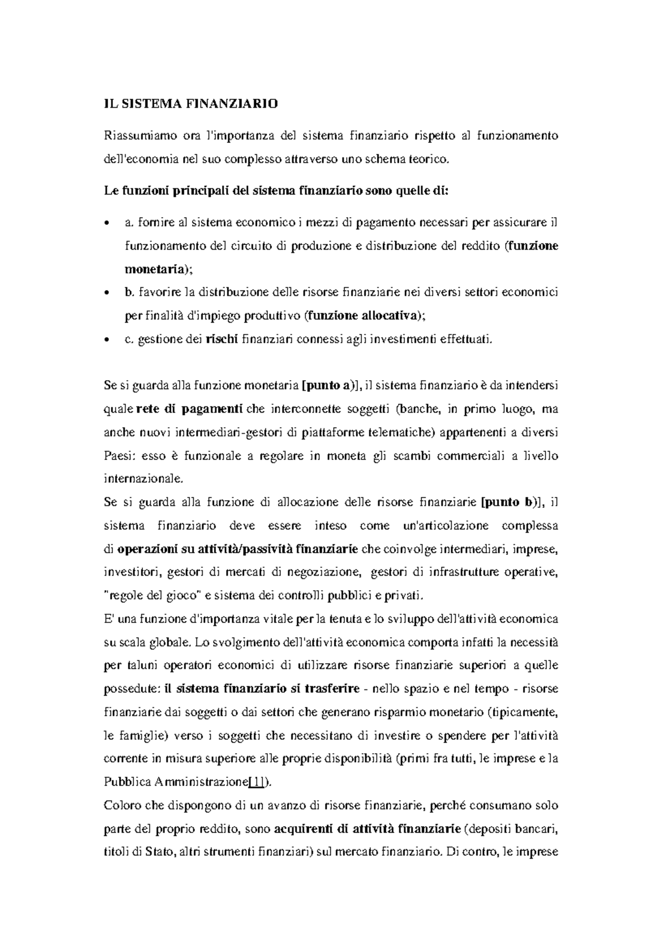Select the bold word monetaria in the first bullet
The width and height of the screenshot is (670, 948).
(153, 269)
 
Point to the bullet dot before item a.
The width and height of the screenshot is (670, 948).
(107, 224)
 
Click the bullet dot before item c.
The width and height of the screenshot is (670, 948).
(107, 340)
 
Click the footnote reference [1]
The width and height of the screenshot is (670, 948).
(257, 782)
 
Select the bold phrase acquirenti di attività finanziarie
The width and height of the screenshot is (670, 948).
(368, 829)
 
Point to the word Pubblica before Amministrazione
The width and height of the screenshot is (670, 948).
(125, 782)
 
